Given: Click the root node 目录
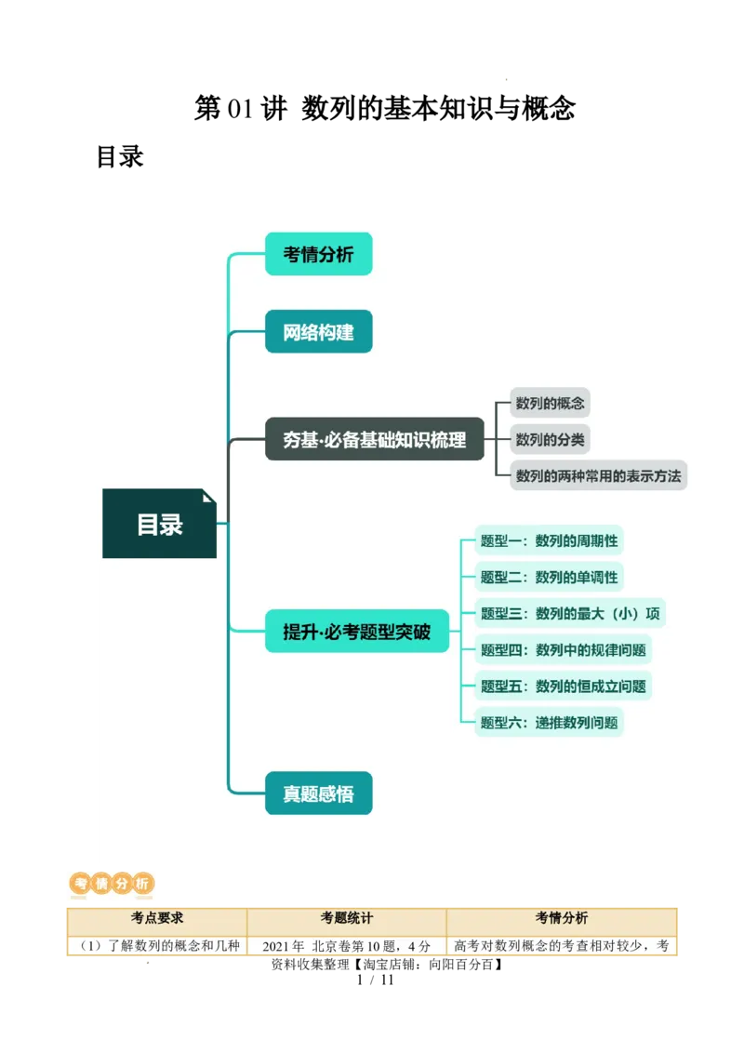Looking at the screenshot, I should [x=159, y=524].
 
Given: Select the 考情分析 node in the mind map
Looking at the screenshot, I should [x=318, y=254].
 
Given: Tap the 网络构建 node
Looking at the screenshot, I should [x=318, y=331].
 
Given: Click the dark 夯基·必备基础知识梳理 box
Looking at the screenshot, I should [x=374, y=439].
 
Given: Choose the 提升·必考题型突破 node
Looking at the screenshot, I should [x=356, y=632].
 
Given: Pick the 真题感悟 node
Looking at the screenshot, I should [x=318, y=793].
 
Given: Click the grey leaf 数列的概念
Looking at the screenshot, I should [x=550, y=403].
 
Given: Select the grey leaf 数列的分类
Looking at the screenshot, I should [x=550, y=439].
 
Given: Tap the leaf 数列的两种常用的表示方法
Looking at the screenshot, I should [x=598, y=475].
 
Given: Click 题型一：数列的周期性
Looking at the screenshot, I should [x=549, y=540].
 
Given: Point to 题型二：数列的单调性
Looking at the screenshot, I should [x=549, y=577].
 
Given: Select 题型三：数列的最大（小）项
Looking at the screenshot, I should [x=569, y=613].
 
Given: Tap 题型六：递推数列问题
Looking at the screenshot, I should [x=549, y=722].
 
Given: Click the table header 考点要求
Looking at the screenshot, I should [x=156, y=918].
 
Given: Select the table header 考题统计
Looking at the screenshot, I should [x=346, y=918].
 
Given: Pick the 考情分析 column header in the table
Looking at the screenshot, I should [x=561, y=918].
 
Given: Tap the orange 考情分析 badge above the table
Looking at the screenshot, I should [x=112, y=884].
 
